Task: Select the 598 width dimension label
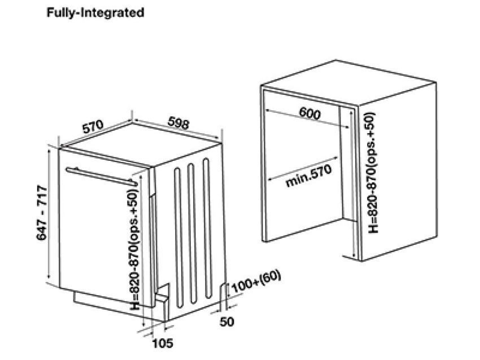[x=177, y=125]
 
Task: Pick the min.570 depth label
[x=307, y=177]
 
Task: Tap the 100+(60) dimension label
[x=256, y=283]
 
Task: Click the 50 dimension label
[x=226, y=322]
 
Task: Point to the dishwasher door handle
[x=102, y=175]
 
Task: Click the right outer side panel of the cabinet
[x=398, y=169]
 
